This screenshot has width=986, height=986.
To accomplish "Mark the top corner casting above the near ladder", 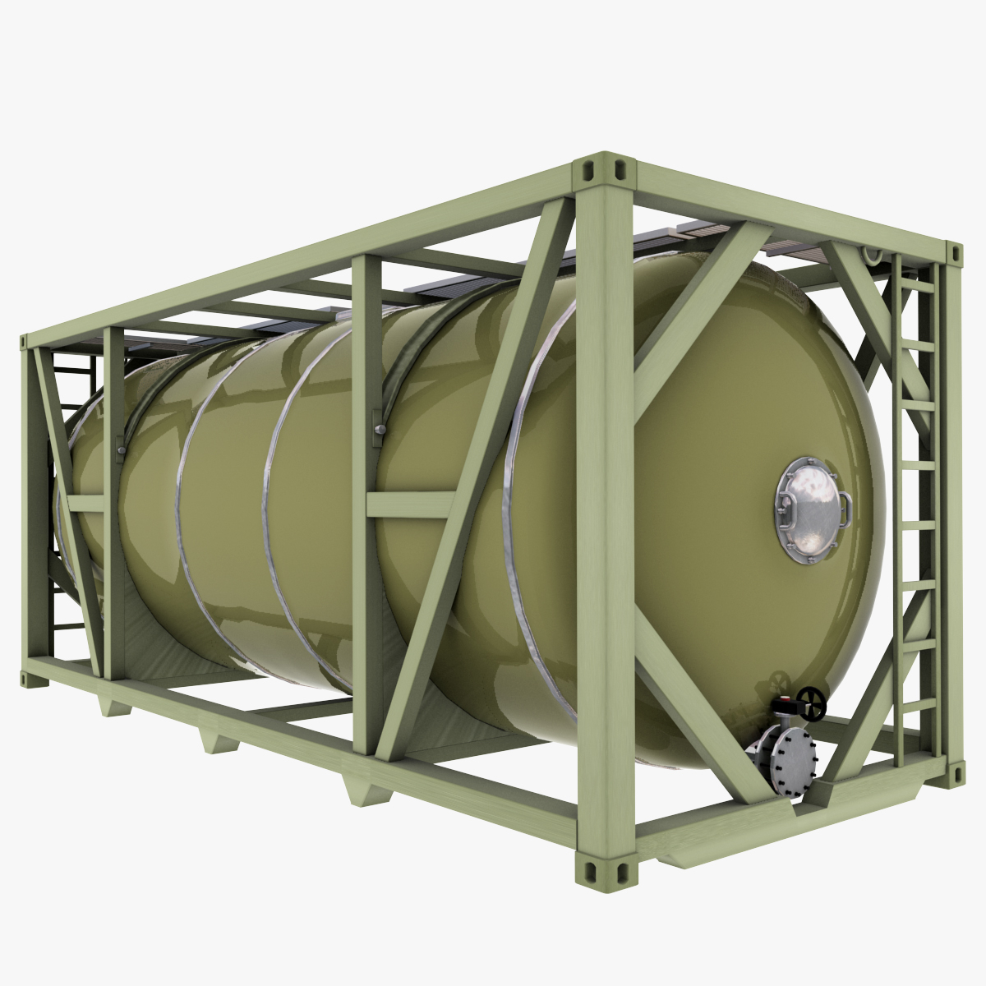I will (953, 254).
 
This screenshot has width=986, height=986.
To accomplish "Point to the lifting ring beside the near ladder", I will (872, 254).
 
